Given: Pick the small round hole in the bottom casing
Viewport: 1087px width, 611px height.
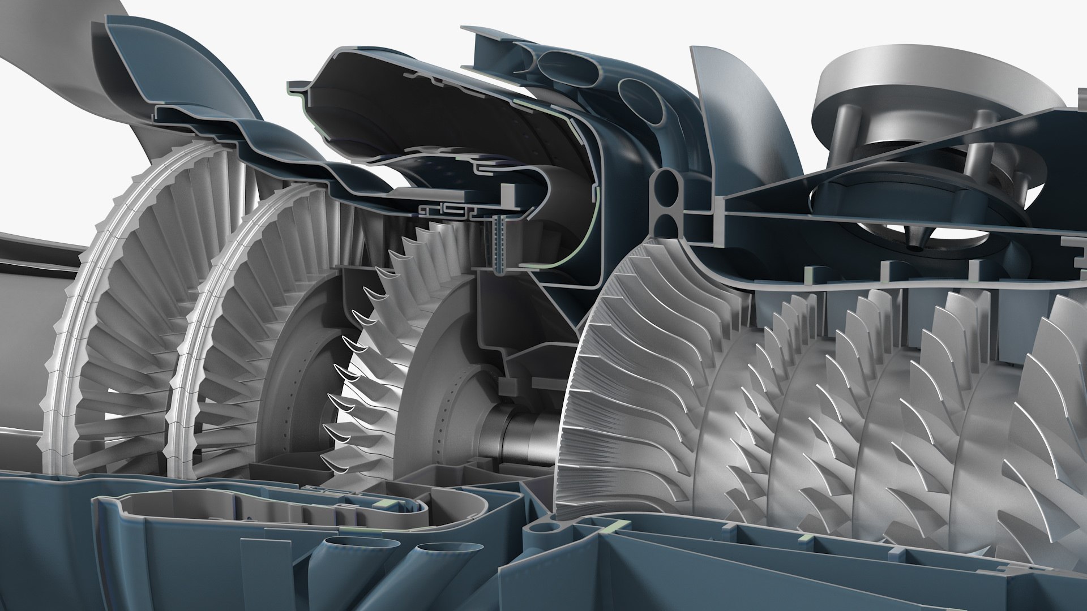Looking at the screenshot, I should tap(545, 530).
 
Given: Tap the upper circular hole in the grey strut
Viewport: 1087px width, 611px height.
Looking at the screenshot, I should tap(670, 184).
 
